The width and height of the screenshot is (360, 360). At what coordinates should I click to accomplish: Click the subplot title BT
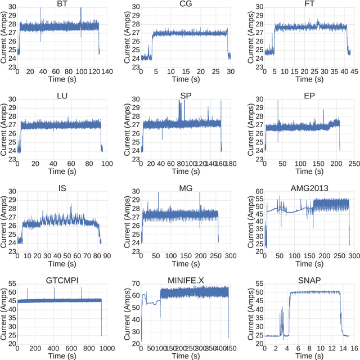click(x=60, y=4)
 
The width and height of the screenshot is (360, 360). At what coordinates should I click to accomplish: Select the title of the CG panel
click(x=183, y=4)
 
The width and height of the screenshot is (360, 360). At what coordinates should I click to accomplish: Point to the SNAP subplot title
click(x=306, y=280)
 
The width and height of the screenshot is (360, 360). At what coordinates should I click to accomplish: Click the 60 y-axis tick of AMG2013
click(x=258, y=192)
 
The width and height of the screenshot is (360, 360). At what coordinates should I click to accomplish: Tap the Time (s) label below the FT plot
click(x=306, y=80)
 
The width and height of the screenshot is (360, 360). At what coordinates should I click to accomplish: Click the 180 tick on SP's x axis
click(x=229, y=163)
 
